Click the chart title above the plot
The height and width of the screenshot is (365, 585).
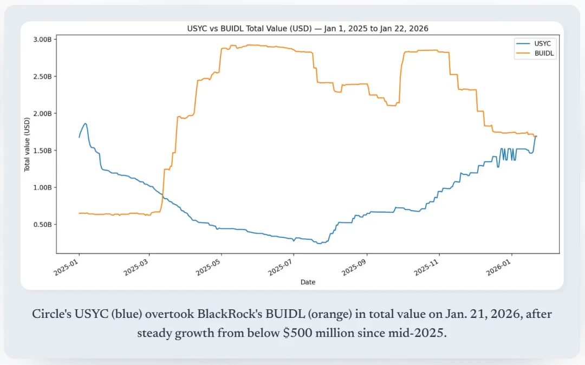(x=308, y=28)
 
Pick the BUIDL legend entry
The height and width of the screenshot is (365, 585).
(x=544, y=54)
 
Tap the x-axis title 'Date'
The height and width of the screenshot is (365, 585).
(x=308, y=282)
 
